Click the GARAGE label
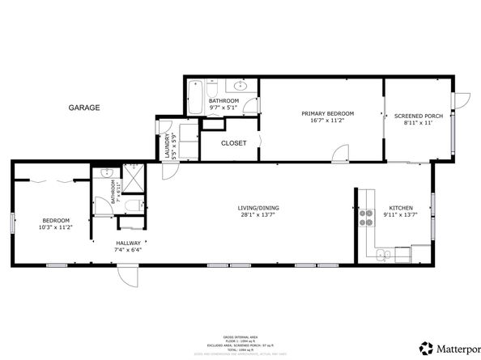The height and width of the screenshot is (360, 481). (84, 108)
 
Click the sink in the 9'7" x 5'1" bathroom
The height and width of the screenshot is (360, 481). (240, 86)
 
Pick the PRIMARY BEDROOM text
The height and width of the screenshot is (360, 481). (322, 113)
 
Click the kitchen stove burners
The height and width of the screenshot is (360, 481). (365, 209)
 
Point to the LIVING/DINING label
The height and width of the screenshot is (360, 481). (258, 208)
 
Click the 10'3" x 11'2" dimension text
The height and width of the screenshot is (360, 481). (57, 227)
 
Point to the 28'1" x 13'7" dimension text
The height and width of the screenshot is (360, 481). (258, 215)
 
